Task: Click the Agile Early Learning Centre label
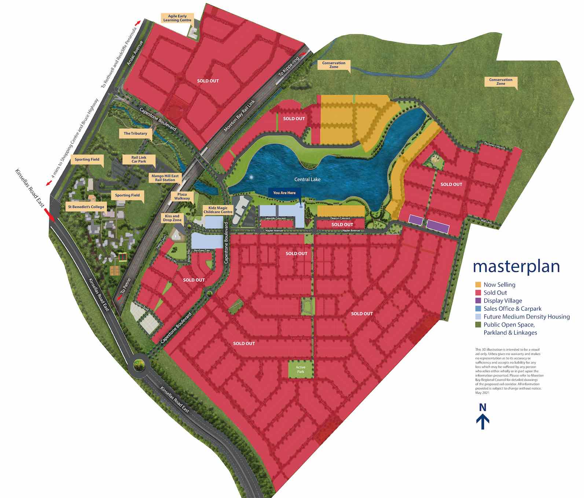point(177,18)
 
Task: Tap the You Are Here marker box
point(284,193)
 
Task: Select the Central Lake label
point(307,179)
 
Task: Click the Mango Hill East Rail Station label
point(165,178)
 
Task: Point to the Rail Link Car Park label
point(139,159)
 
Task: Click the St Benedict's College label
point(86,207)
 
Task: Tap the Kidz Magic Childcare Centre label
point(218,210)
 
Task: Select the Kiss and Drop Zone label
point(172,218)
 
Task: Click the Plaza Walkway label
point(182,196)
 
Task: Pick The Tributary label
point(135,133)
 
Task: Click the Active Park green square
point(301,369)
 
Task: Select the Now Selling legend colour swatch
point(478,285)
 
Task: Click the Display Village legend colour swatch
point(478,300)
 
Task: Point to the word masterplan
point(516,266)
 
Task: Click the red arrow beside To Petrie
point(119,298)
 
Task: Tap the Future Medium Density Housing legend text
point(526,317)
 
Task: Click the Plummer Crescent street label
point(495,145)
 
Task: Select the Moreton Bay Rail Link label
point(239,117)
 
